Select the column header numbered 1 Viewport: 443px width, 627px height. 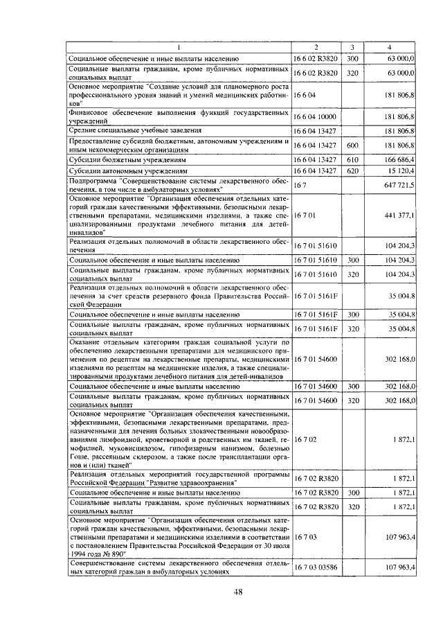179,46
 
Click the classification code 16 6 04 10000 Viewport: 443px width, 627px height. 315,116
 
